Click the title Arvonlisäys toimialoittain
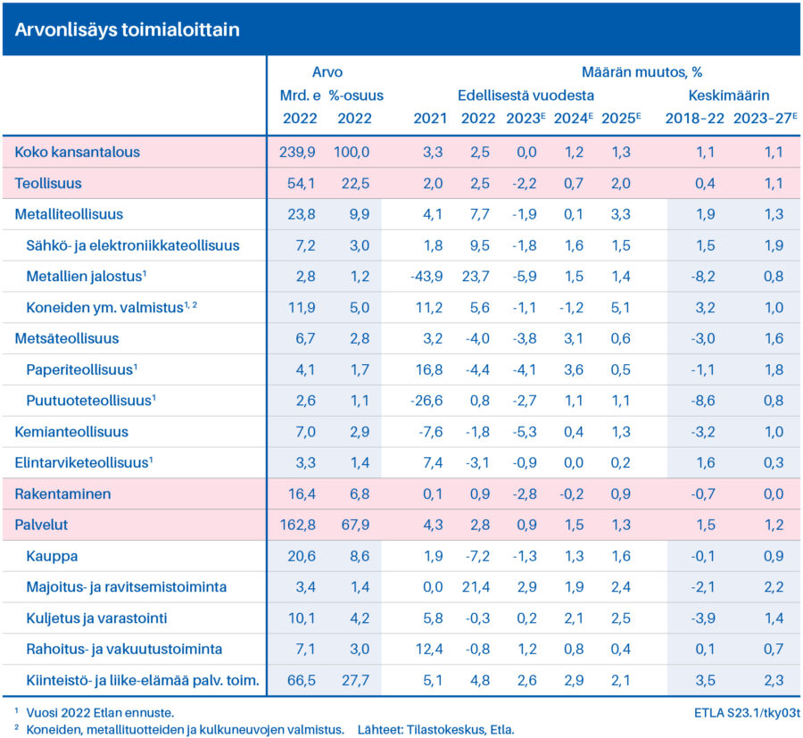point(127,29)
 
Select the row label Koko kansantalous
point(77,152)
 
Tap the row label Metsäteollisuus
point(67,338)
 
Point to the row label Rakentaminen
point(62,493)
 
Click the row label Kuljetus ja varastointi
point(96,618)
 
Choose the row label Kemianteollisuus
point(71,432)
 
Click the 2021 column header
point(430,119)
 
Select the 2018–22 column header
point(694,119)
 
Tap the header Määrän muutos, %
point(642,72)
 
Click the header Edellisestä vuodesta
point(526,95)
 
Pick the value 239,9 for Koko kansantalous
point(297,152)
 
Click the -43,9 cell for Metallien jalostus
point(426,277)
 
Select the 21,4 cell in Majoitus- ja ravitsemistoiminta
point(476,587)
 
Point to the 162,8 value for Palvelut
point(297,525)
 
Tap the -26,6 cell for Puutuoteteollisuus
point(426,401)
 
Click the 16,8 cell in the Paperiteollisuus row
point(429,369)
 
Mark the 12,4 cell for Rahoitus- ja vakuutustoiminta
point(429,650)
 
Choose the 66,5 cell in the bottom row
point(302,681)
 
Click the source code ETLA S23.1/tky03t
point(747,713)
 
